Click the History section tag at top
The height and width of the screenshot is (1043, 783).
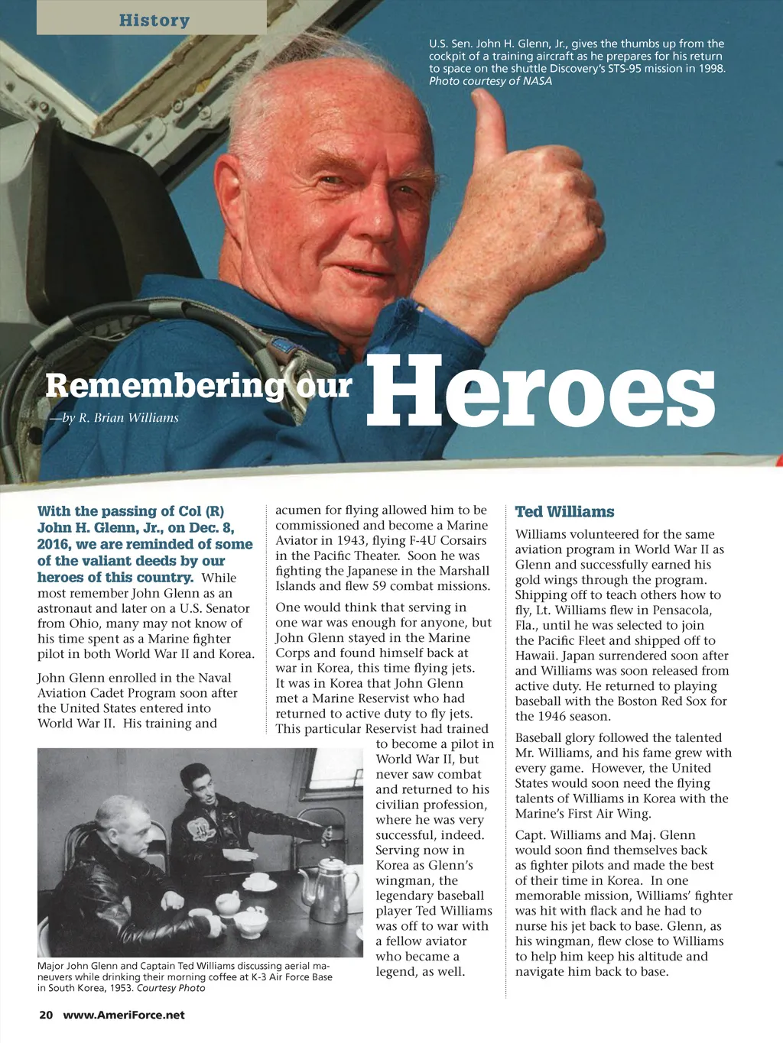tap(154, 20)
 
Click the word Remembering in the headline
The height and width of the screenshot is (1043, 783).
tap(164, 386)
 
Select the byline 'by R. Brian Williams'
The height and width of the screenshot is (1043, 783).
tap(115, 417)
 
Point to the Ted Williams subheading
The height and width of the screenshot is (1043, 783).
tap(564, 512)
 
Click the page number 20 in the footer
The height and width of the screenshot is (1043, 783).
tap(46, 1015)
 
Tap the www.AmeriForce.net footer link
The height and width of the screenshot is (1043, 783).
tap(124, 1015)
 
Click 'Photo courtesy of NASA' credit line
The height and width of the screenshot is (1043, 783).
tap(490, 81)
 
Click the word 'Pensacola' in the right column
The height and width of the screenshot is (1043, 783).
tap(681, 610)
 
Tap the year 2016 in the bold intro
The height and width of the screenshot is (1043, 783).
tap(53, 544)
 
